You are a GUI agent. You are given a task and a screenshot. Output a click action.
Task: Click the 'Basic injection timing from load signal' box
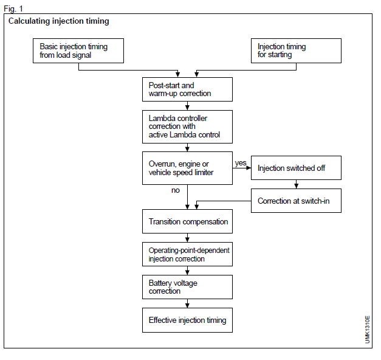pyautogui.click(x=78, y=51)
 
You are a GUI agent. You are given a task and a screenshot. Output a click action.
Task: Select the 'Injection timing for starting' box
pyautogui.click(x=296, y=51)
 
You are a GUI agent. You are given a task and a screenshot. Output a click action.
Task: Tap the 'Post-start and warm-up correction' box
pyautogui.click(x=187, y=89)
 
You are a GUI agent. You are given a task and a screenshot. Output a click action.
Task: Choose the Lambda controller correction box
pyautogui.click(x=187, y=126)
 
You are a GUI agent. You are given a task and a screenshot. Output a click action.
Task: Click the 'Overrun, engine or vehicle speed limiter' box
pyautogui.click(x=187, y=168)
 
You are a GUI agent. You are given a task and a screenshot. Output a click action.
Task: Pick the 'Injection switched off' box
pyautogui.click(x=296, y=168)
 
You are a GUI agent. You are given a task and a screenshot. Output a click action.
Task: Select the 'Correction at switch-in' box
pyautogui.click(x=296, y=201)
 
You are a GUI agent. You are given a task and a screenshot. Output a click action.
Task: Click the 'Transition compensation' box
pyautogui.click(x=187, y=222)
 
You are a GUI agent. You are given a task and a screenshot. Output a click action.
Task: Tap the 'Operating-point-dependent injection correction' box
pyautogui.click(x=187, y=255)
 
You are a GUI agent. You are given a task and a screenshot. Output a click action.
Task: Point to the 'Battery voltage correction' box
pyautogui.click(x=187, y=287)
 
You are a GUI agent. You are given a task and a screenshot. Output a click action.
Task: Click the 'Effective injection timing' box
pyautogui.click(x=187, y=320)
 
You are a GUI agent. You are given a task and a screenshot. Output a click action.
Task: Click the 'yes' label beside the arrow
pyautogui.click(x=240, y=163)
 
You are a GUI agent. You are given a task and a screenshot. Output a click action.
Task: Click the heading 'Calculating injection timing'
pyautogui.click(x=59, y=22)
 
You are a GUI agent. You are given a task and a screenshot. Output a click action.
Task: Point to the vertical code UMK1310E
pyautogui.click(x=368, y=329)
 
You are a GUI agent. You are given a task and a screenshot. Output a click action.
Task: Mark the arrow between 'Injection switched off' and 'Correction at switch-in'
pyautogui.click(x=296, y=185)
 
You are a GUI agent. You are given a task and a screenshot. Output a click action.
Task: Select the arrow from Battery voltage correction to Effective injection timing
pyautogui.click(x=187, y=305)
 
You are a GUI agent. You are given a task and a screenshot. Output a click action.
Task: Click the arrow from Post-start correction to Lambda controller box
pyautogui.click(x=187, y=105)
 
